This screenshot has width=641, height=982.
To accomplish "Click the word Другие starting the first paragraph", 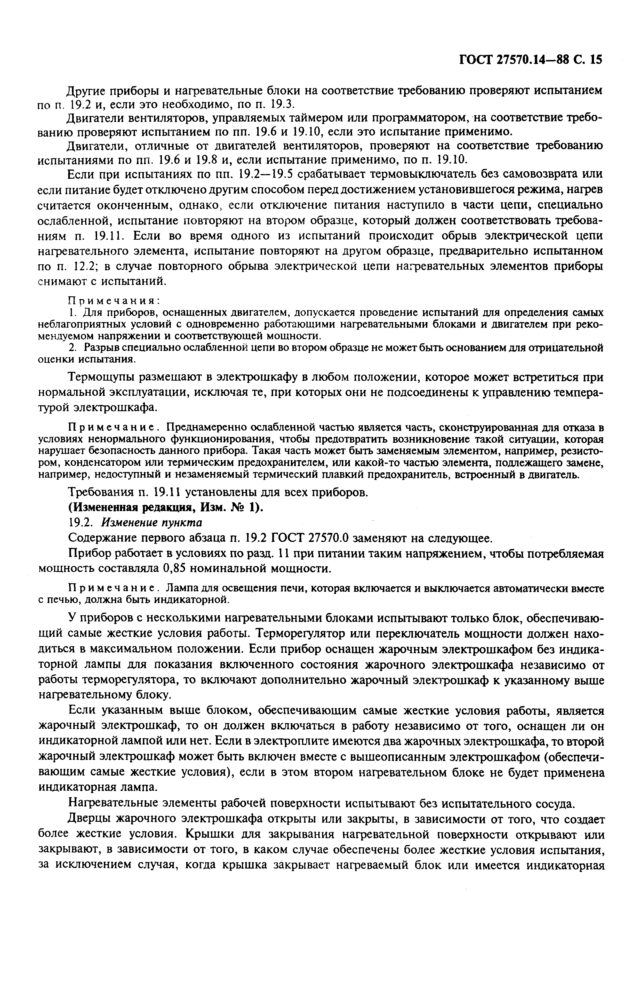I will pos(87,90).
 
